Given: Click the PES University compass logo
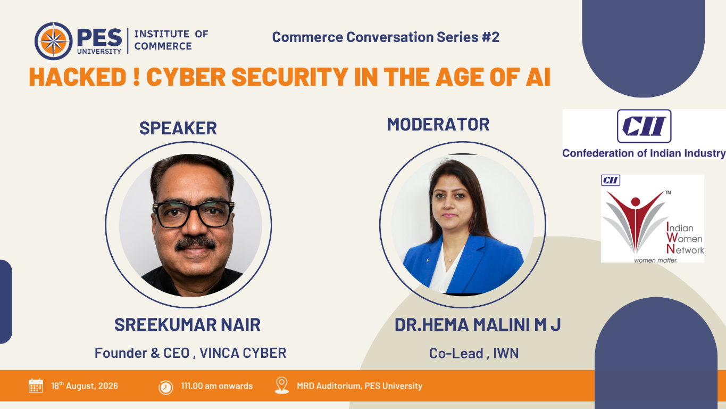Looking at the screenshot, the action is [54, 41].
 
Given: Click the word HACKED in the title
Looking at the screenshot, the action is [78, 77].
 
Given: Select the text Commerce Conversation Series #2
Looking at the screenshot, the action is [386, 37].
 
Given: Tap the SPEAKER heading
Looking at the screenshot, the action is [178, 128].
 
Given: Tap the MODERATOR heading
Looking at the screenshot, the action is [438, 124].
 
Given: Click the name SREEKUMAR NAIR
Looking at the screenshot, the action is [187, 325].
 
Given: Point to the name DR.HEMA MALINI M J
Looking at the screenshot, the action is [478, 325].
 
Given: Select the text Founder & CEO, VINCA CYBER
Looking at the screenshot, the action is [190, 353].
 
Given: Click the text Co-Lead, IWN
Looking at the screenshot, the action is [474, 354].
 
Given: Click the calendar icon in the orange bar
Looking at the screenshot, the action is [36, 386].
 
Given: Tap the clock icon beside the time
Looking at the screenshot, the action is [165, 387].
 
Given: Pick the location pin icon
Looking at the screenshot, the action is [282, 386].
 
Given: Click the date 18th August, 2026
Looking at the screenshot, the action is [85, 386].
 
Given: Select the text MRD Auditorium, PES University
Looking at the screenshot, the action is [360, 386].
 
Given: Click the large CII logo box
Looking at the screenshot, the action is [644, 126].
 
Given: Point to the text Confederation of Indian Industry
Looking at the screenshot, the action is [644, 153].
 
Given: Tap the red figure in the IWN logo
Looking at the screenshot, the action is [636, 220].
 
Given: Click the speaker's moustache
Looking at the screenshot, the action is [195, 243].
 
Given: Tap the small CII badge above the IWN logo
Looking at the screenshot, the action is [611, 180].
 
